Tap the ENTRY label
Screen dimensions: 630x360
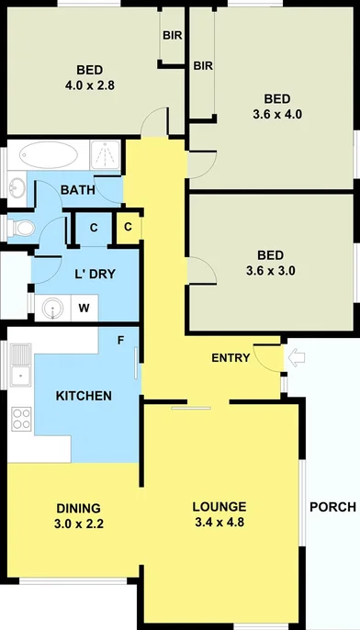tap(231, 357)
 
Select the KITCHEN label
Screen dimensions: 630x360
tap(84, 396)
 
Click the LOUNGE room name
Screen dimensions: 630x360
tap(219, 507)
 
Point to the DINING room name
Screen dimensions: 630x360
tap(77, 507)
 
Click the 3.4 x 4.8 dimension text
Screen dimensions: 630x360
tap(219, 523)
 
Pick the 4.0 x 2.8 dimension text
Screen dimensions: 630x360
tap(89, 86)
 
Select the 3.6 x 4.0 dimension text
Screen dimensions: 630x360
tap(276, 115)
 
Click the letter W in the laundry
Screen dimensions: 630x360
tap(84, 308)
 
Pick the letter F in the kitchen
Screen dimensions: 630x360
tap(119, 341)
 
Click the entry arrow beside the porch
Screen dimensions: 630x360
tap(296, 356)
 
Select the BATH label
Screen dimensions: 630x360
tap(76, 190)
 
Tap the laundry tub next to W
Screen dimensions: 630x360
tap(52, 308)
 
